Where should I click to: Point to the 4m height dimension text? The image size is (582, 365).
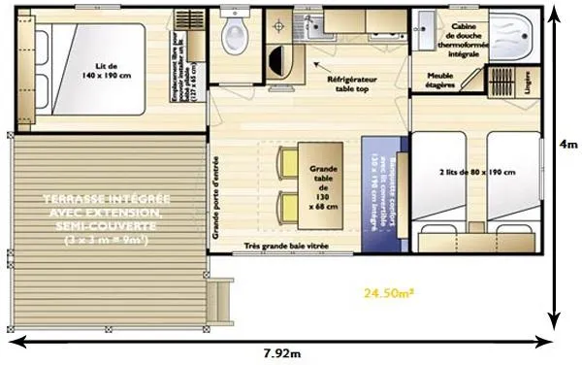(567, 143)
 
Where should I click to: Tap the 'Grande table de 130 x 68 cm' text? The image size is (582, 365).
(323, 187)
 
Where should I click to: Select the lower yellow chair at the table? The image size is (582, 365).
(288, 206)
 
